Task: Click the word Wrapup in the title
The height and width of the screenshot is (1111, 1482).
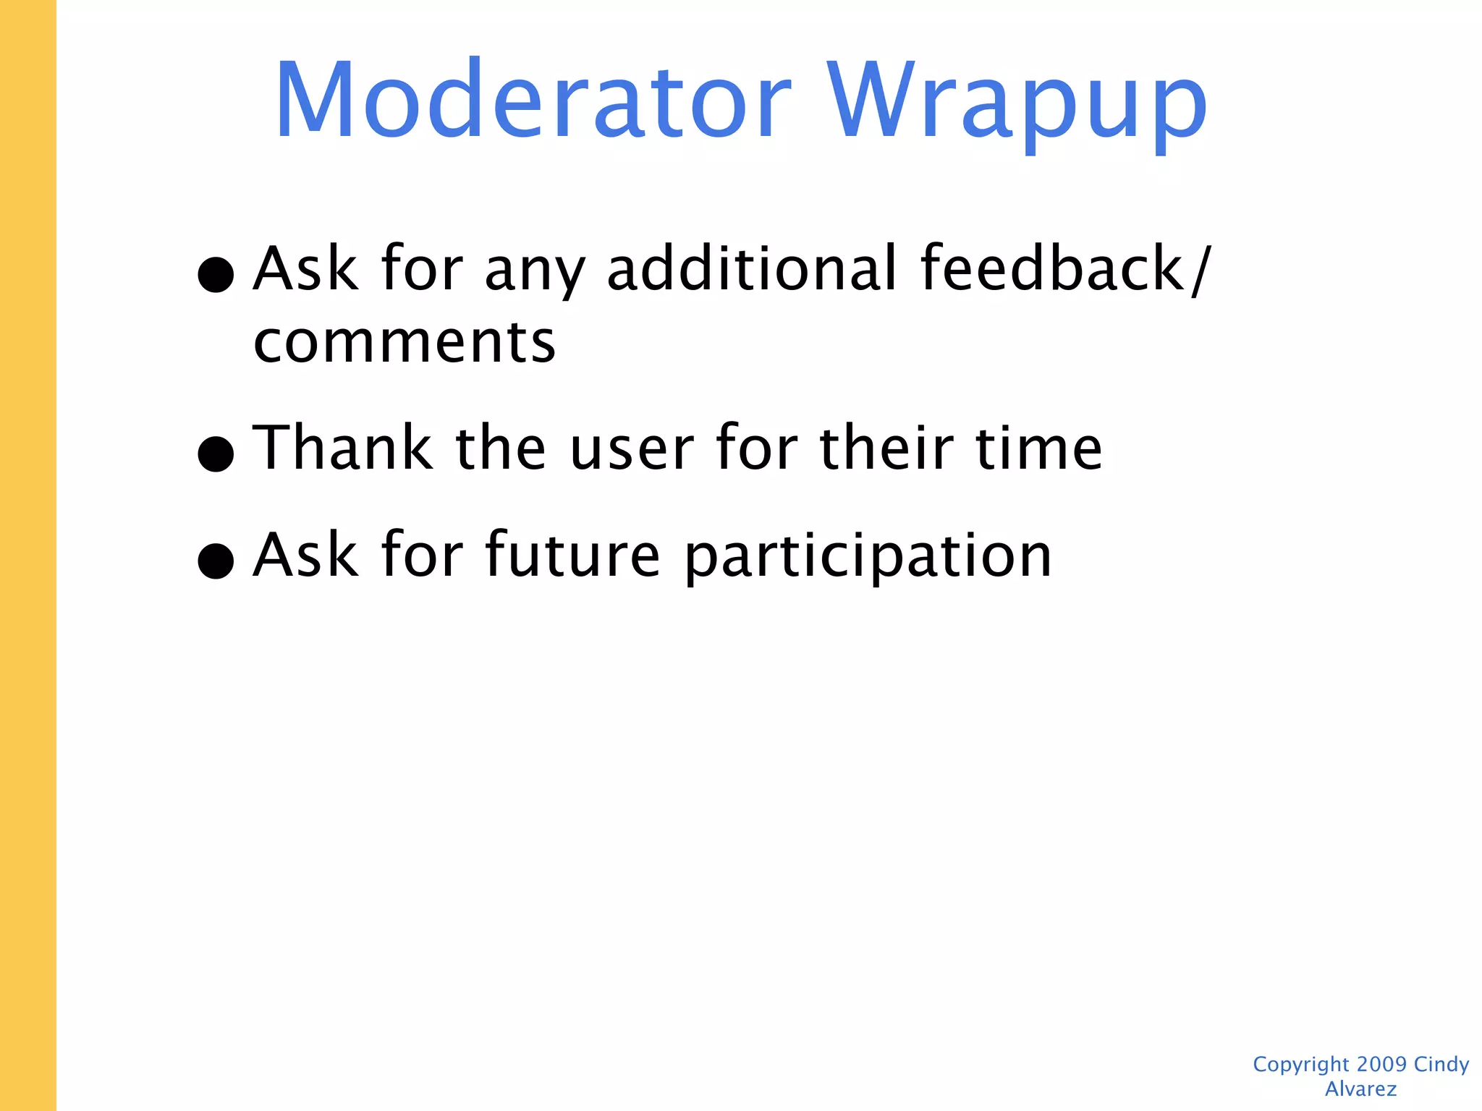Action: click(x=1017, y=101)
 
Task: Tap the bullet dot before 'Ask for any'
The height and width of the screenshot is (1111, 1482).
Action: click(x=216, y=274)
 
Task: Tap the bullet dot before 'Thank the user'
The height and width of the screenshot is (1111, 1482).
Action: click(x=216, y=454)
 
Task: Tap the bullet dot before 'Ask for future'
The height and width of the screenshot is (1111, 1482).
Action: click(x=216, y=561)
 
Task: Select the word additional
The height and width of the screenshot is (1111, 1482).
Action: click(x=753, y=268)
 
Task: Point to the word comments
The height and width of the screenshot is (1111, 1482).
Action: click(x=405, y=341)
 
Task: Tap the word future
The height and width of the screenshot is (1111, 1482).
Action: click(x=572, y=555)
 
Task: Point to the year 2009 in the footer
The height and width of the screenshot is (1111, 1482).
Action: click(x=1381, y=1064)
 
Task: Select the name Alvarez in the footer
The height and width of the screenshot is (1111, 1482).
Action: click(x=1360, y=1089)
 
